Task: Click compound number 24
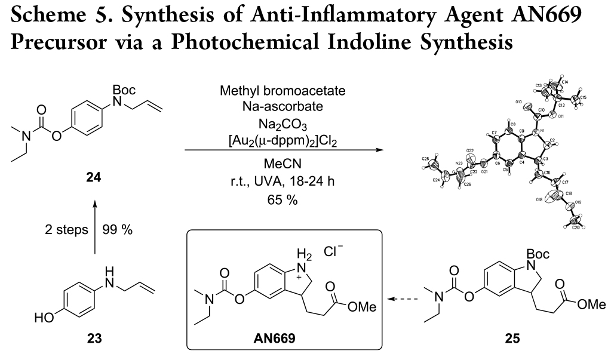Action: pos(93,177)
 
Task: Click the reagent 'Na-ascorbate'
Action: pos(284,107)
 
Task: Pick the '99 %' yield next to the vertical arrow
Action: pos(117,230)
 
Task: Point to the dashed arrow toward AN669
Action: pos(401,298)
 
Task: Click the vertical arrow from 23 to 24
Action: pos(93,230)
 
